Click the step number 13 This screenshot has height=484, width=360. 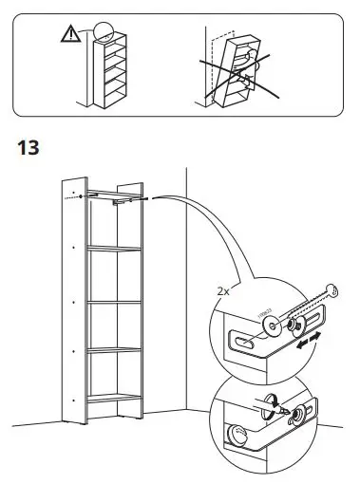coord(28,149)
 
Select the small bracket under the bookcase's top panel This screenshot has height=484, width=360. coord(123,199)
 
